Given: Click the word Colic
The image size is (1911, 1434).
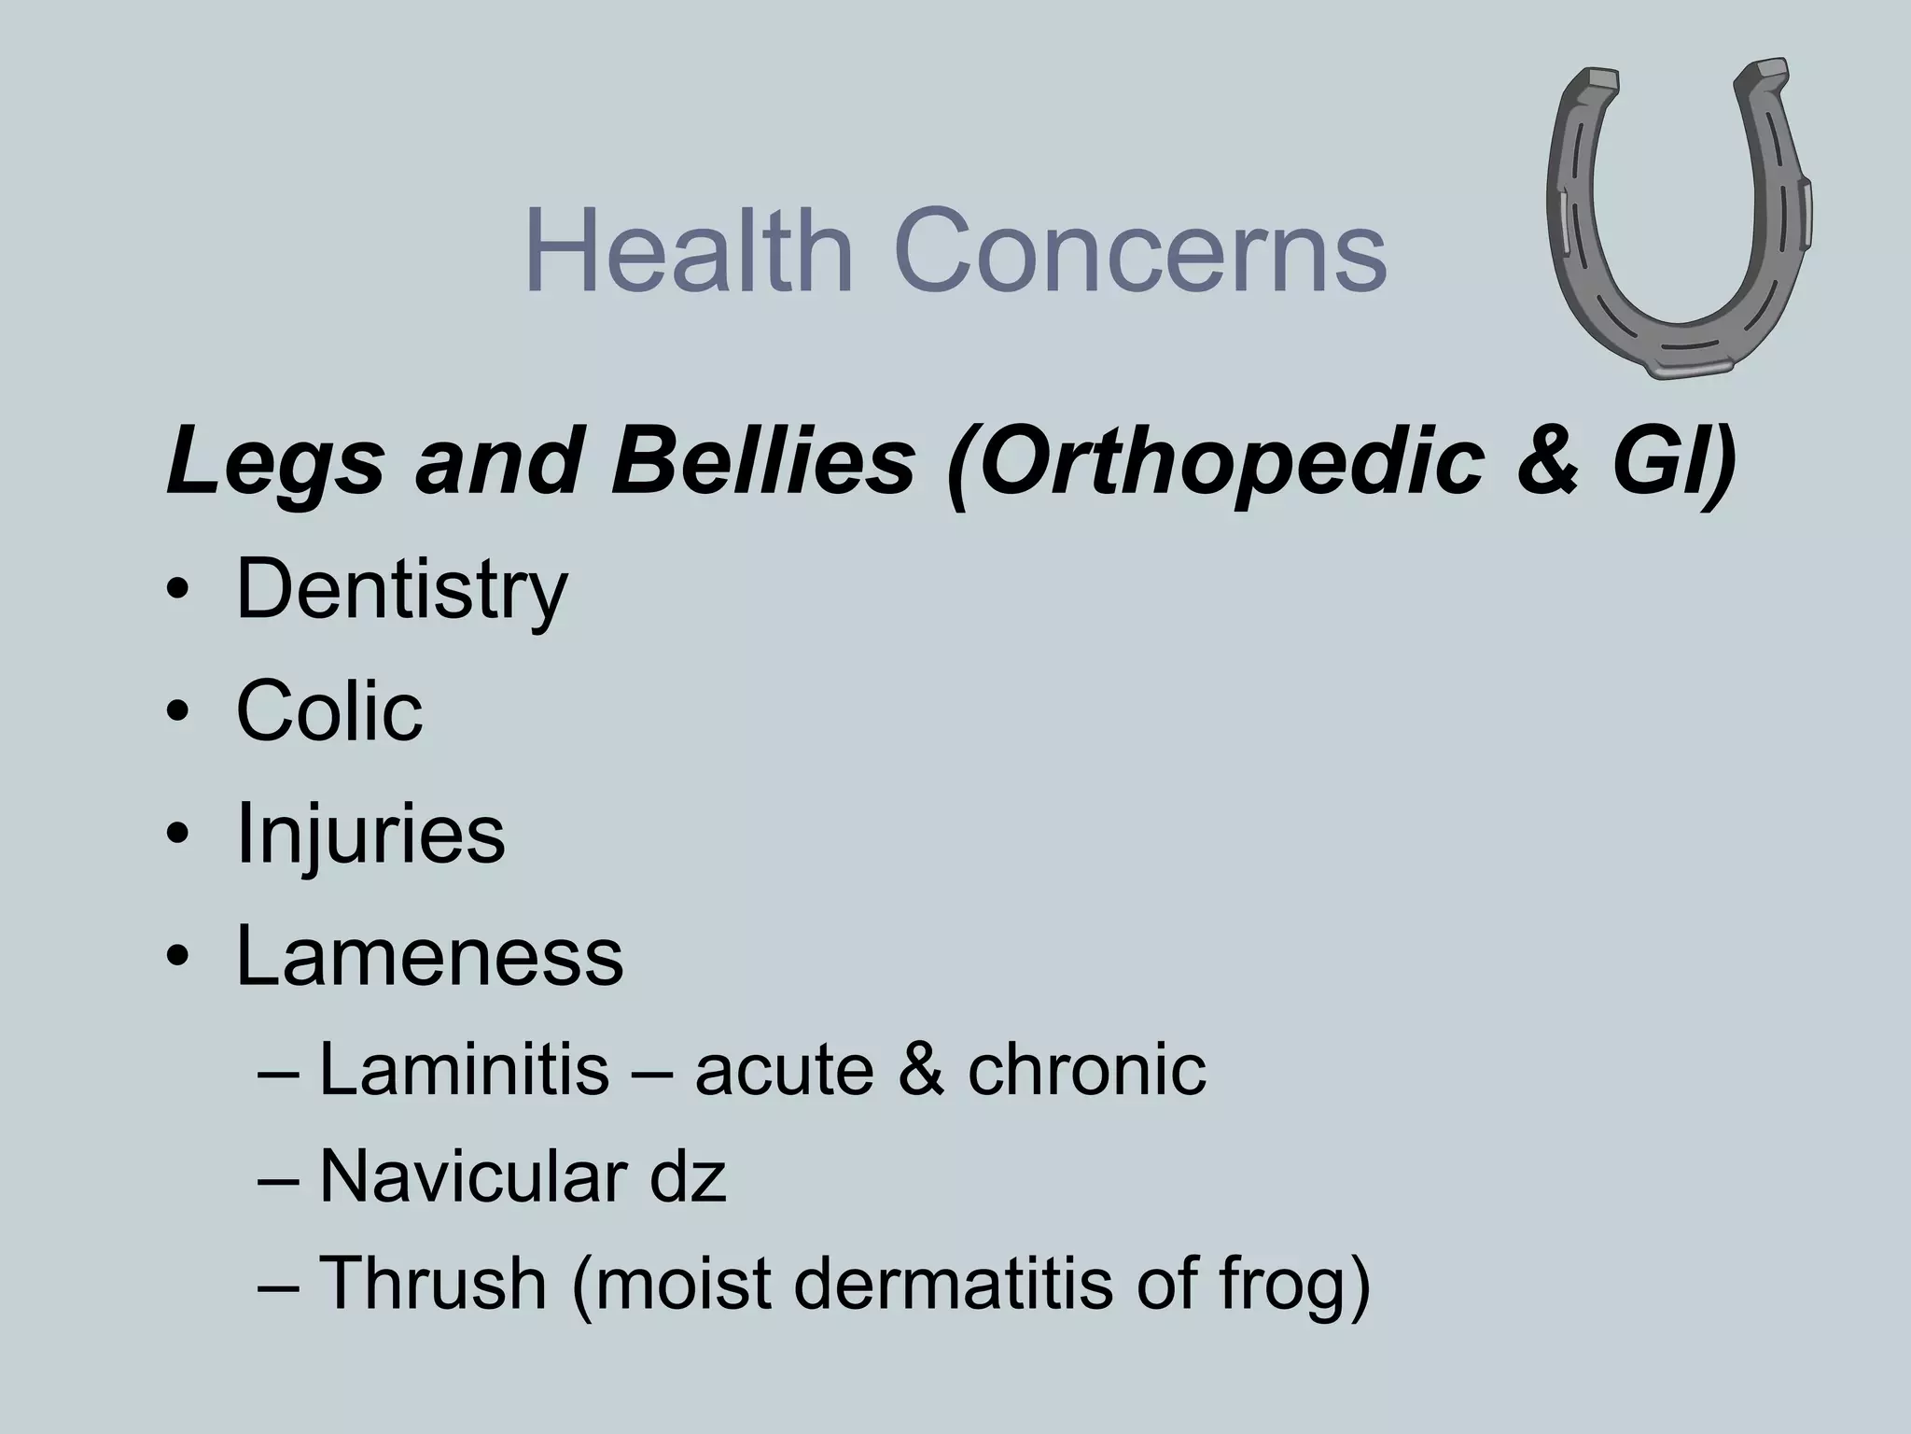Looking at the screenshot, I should coord(329,711).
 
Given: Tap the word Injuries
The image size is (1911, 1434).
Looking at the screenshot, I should coord(370,835).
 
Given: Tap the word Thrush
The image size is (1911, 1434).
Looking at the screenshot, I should coord(433,1283).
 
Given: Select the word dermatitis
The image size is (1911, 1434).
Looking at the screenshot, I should coord(953,1283).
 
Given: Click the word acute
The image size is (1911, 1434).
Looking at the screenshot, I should coord(785,1071).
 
